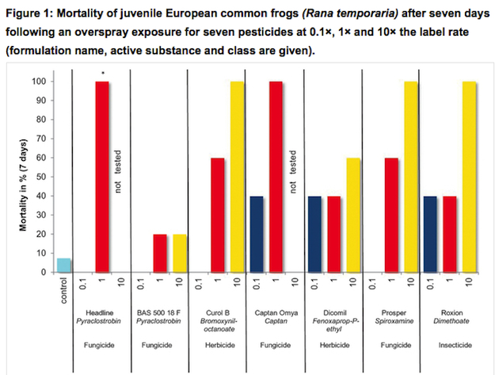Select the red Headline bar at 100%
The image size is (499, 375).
coord(101,177)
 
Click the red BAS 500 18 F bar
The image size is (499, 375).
coord(159,254)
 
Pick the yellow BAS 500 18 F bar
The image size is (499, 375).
coord(179,254)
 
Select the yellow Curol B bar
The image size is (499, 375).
coord(237,177)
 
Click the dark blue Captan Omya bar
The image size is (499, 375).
coord(256,234)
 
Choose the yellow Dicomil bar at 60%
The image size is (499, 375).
coord(352,215)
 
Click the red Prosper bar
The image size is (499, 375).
coord(391,215)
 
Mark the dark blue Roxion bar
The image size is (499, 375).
coord(430,234)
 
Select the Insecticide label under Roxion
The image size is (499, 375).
coord(449,346)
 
